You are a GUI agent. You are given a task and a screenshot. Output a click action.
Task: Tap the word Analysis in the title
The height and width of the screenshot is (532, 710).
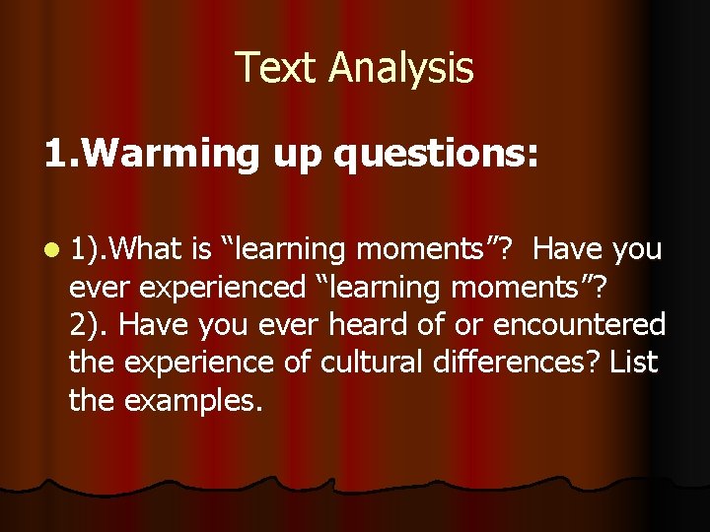click(x=401, y=69)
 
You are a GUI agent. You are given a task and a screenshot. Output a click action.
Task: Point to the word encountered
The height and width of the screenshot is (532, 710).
click(x=580, y=325)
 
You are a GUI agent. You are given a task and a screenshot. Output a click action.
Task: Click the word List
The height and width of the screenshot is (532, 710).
click(x=633, y=363)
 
